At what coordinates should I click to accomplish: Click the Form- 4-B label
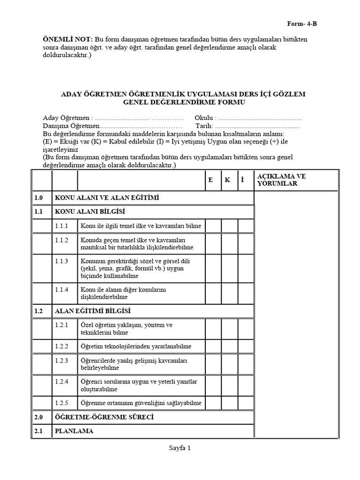[305, 23]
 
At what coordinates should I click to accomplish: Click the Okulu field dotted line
[260, 118]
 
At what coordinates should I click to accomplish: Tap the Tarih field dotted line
[258, 126]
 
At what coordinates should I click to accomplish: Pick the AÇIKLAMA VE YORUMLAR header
[281, 180]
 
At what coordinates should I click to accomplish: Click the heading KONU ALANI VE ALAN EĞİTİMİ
[107, 198]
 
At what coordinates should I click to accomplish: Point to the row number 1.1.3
[62, 261]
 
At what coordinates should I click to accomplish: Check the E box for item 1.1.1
[213, 226]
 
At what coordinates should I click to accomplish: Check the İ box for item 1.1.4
[245, 293]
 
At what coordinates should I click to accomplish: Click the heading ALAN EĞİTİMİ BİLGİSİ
[93, 311]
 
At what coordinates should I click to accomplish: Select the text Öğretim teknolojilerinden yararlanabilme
[136, 346]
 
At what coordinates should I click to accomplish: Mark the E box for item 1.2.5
[213, 403]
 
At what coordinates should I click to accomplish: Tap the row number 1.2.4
[62, 382]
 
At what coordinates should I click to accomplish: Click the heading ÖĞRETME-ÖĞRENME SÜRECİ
[105, 417]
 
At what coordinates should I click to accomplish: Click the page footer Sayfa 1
[180, 448]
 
